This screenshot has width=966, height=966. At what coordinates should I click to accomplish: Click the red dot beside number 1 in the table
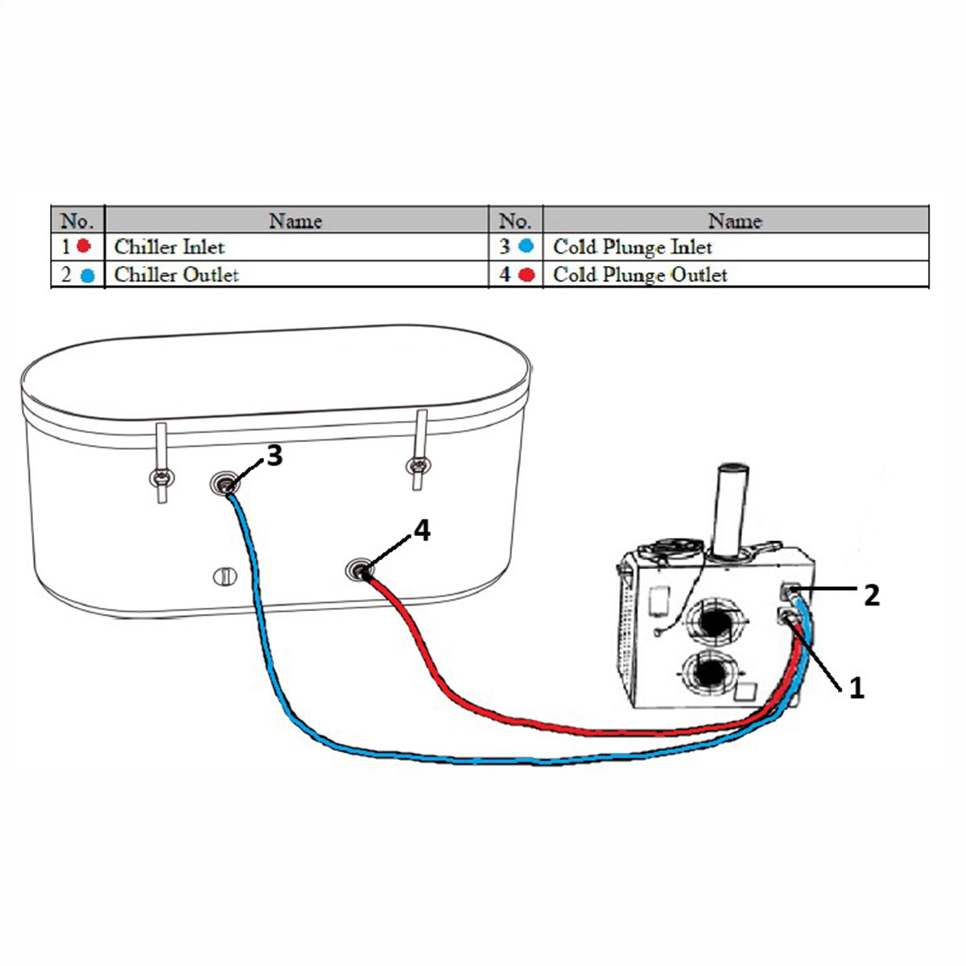point(84,246)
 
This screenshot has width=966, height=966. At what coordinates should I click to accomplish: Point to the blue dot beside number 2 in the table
point(87,275)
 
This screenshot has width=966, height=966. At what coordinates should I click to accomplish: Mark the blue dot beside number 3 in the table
point(526,246)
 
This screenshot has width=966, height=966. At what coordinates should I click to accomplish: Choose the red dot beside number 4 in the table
point(526,275)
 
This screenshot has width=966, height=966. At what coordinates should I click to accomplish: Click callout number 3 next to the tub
point(275,456)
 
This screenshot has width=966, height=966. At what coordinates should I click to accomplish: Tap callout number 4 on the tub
point(423,530)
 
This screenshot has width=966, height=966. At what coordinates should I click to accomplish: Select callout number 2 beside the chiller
point(872,596)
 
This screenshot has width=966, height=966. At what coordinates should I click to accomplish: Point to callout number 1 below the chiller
point(857,687)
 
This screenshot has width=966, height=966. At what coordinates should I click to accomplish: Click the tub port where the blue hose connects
point(224,484)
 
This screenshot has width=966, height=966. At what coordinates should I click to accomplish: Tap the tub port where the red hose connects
point(360,570)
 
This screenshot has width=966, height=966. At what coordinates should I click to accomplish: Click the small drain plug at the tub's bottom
point(225,576)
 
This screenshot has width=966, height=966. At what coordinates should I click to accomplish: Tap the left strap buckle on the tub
point(162,477)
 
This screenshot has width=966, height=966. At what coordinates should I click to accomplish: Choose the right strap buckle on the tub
point(418,466)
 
